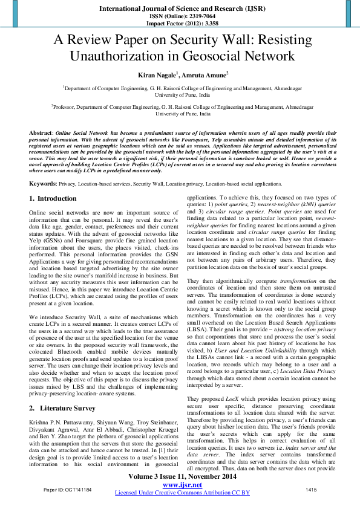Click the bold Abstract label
(x=40, y=132)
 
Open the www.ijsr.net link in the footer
(x=180, y=485)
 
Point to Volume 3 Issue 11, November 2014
(x=180, y=477)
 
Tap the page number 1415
(x=312, y=488)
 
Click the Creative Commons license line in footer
(x=180, y=493)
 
